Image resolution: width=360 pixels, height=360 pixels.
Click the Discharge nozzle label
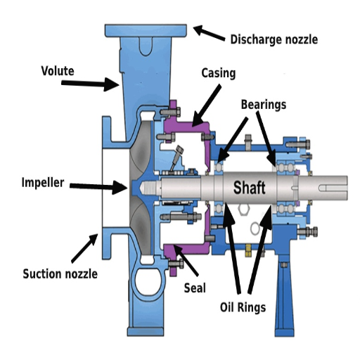coord(274,39)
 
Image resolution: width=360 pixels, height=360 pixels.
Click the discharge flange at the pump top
coord(145,32)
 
